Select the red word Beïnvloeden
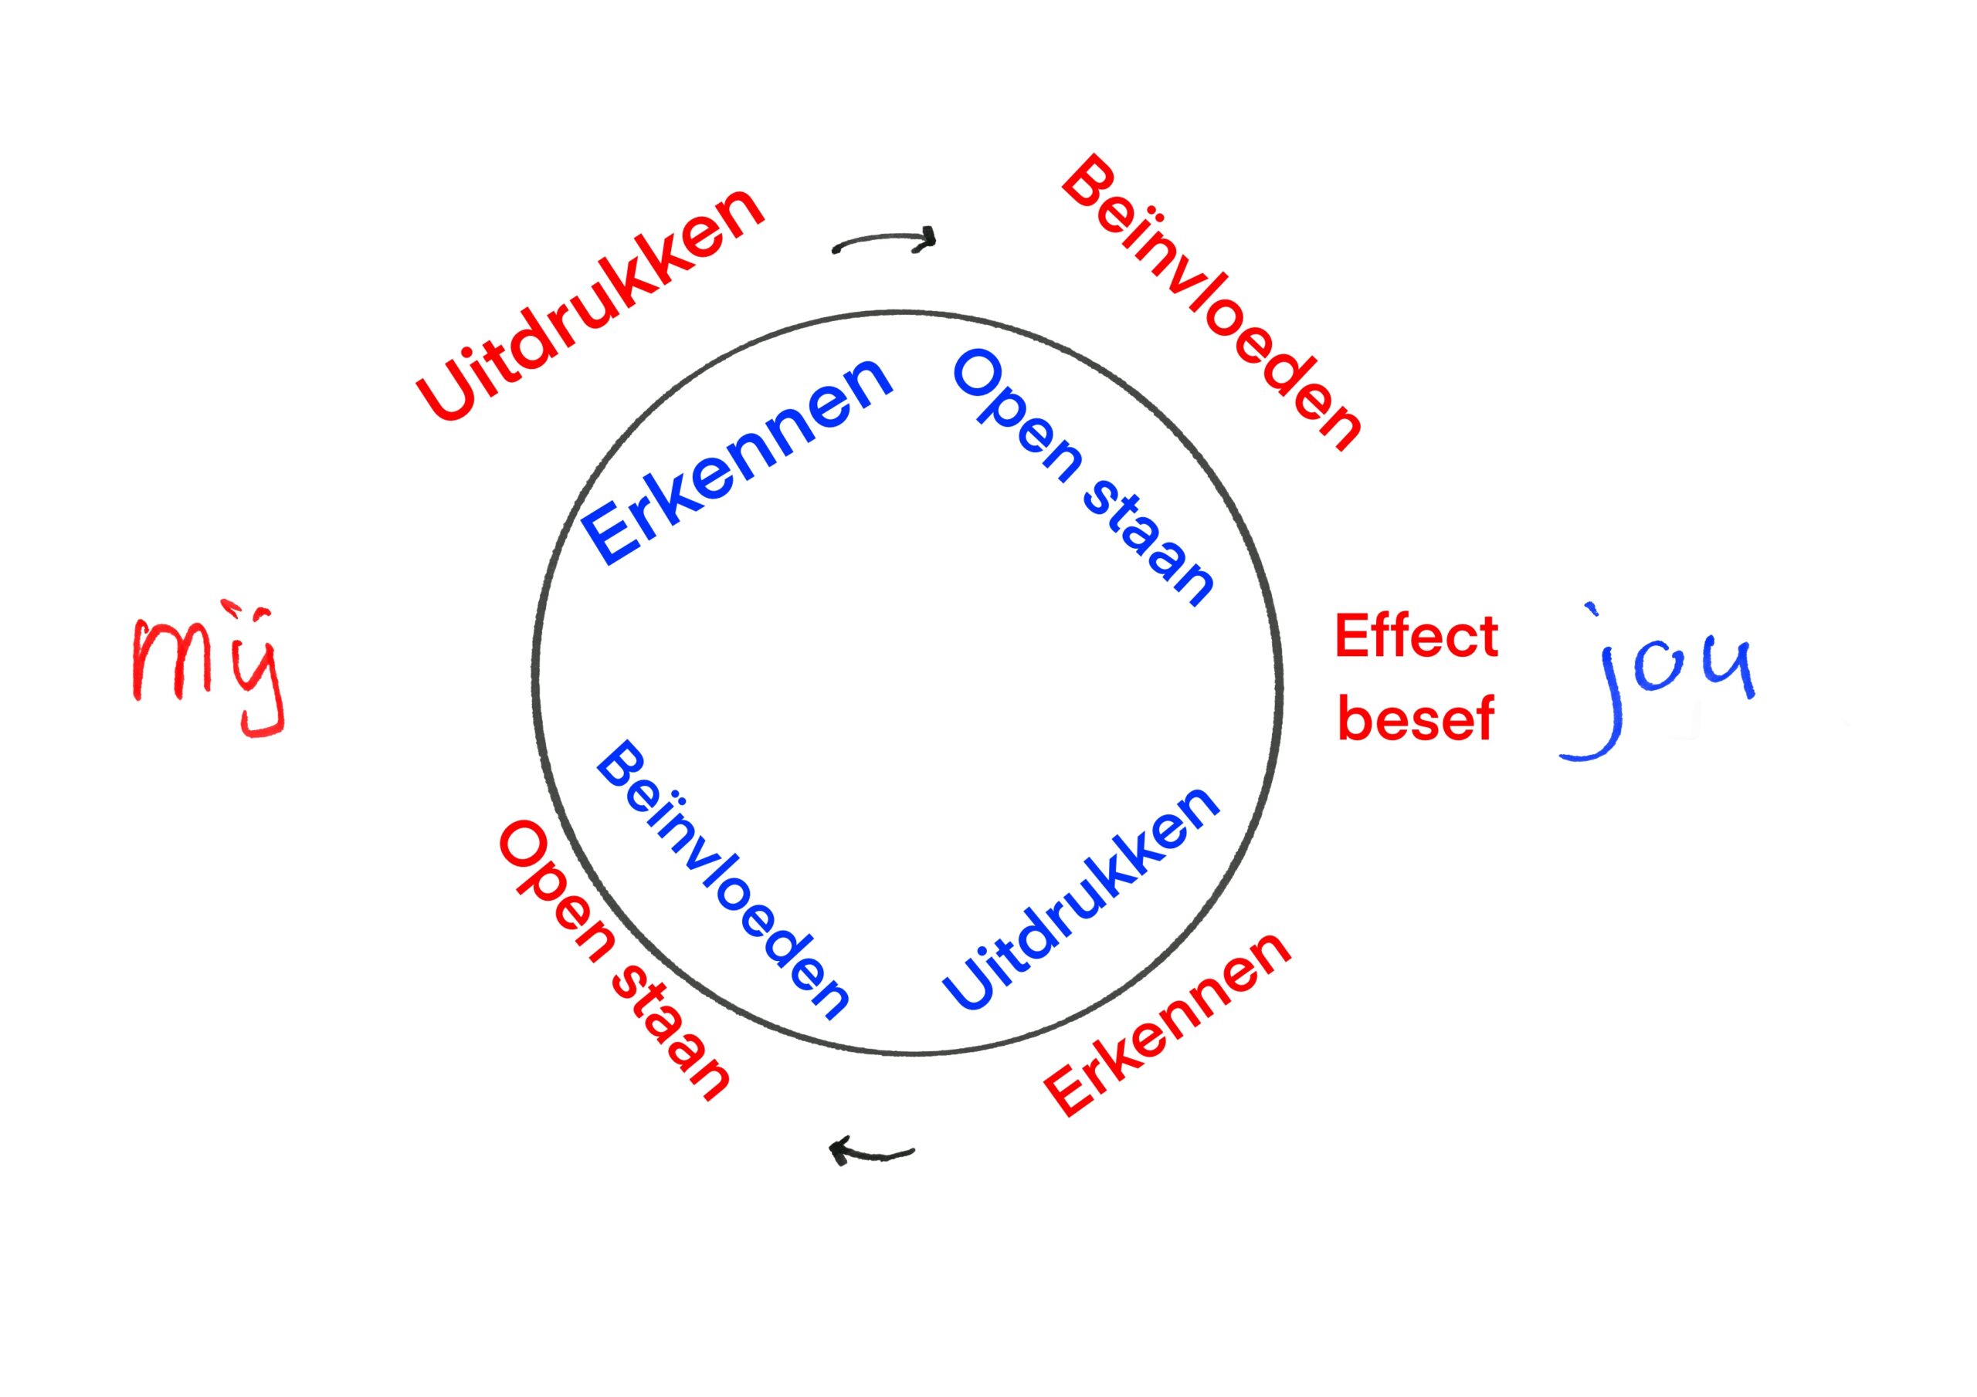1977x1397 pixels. pos(1210,303)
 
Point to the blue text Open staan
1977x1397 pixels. pos(1083,478)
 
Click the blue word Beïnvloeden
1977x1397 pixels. pos(721,881)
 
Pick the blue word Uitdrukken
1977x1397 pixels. pos(1080,898)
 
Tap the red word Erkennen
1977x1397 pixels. pos(1168,1023)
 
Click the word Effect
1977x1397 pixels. pos(1416,637)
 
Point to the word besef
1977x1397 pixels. pos(1416,719)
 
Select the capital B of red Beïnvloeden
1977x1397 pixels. pos(1087,182)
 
